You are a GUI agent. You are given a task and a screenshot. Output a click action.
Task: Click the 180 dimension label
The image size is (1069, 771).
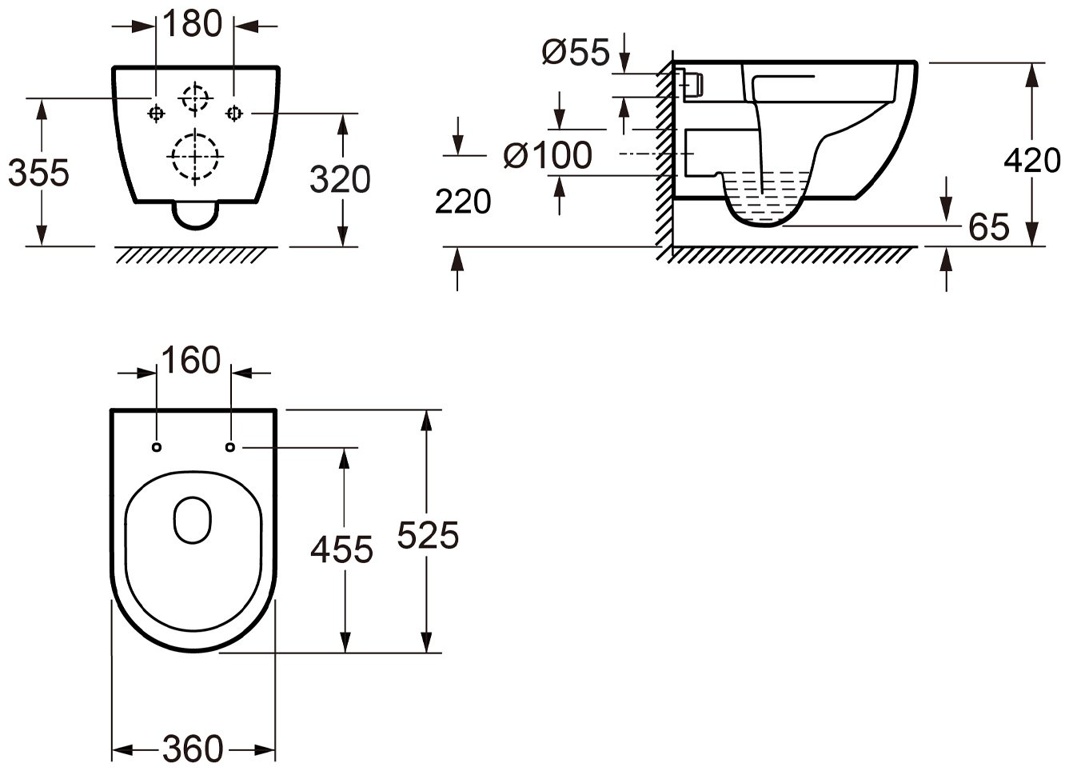pyautogui.click(x=193, y=23)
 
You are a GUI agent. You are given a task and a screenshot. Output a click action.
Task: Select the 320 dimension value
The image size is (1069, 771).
pyautogui.click(x=341, y=179)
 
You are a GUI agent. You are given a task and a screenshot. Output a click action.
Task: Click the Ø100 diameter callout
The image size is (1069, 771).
pyautogui.click(x=548, y=155)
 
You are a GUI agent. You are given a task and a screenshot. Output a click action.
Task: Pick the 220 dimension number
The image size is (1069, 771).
pyautogui.click(x=463, y=201)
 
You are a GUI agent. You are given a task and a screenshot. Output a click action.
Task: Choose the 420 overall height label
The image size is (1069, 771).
pyautogui.click(x=1032, y=161)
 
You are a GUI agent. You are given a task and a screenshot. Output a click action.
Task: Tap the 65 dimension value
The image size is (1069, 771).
pyautogui.click(x=989, y=227)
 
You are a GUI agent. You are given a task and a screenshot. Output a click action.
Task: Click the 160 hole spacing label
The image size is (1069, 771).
pyautogui.click(x=191, y=360)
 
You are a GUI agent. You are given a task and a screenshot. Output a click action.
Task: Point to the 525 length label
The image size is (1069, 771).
pyautogui.click(x=428, y=535)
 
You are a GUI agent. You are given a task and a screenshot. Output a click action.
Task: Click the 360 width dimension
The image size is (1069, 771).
pyautogui.click(x=193, y=749)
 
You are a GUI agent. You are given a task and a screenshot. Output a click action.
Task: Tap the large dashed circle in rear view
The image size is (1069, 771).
pyautogui.click(x=195, y=156)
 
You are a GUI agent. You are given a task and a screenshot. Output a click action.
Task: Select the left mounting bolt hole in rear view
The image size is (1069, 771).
pyautogui.click(x=156, y=114)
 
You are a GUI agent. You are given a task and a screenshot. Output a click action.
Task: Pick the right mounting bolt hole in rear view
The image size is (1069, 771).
pyautogui.click(x=233, y=114)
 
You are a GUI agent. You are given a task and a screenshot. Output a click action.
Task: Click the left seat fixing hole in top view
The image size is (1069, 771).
pyautogui.click(x=157, y=447)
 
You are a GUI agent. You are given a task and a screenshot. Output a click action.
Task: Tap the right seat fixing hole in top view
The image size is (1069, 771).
pyautogui.click(x=230, y=447)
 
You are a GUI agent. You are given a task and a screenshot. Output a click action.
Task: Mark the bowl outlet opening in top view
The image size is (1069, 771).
pyautogui.click(x=193, y=520)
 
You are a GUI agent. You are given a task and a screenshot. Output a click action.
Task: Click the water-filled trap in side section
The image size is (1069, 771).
pyautogui.click(x=764, y=198)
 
